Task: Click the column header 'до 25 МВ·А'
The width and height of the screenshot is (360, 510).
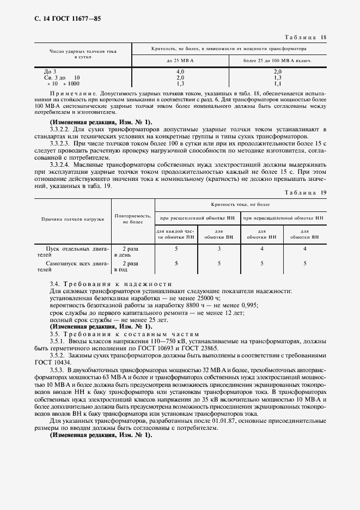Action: (x=180, y=60)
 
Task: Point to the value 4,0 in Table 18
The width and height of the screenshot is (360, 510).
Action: (x=180, y=71)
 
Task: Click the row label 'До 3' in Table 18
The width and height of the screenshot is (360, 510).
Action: (x=49, y=71)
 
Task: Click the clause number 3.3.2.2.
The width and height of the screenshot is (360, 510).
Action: (x=61, y=129)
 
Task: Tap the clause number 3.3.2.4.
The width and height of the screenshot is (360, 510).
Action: (x=61, y=164)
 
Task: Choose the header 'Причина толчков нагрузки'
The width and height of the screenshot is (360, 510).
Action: (x=73, y=218)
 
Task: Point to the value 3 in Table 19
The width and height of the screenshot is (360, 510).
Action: (x=219, y=248)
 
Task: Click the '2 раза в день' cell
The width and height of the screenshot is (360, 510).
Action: (x=123, y=251)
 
